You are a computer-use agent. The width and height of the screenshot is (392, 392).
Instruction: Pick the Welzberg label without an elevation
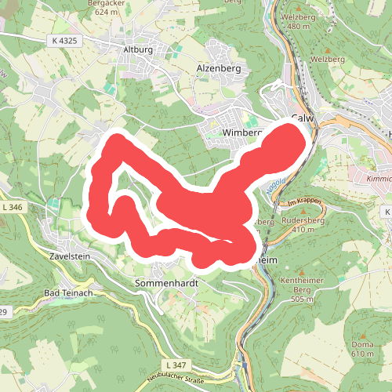pos(327,59)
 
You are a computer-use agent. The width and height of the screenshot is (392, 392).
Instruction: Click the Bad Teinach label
pos(68,293)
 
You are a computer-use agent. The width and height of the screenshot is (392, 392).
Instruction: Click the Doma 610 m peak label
pos(363,349)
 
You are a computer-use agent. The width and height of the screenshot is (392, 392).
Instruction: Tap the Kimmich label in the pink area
pos(379,180)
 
